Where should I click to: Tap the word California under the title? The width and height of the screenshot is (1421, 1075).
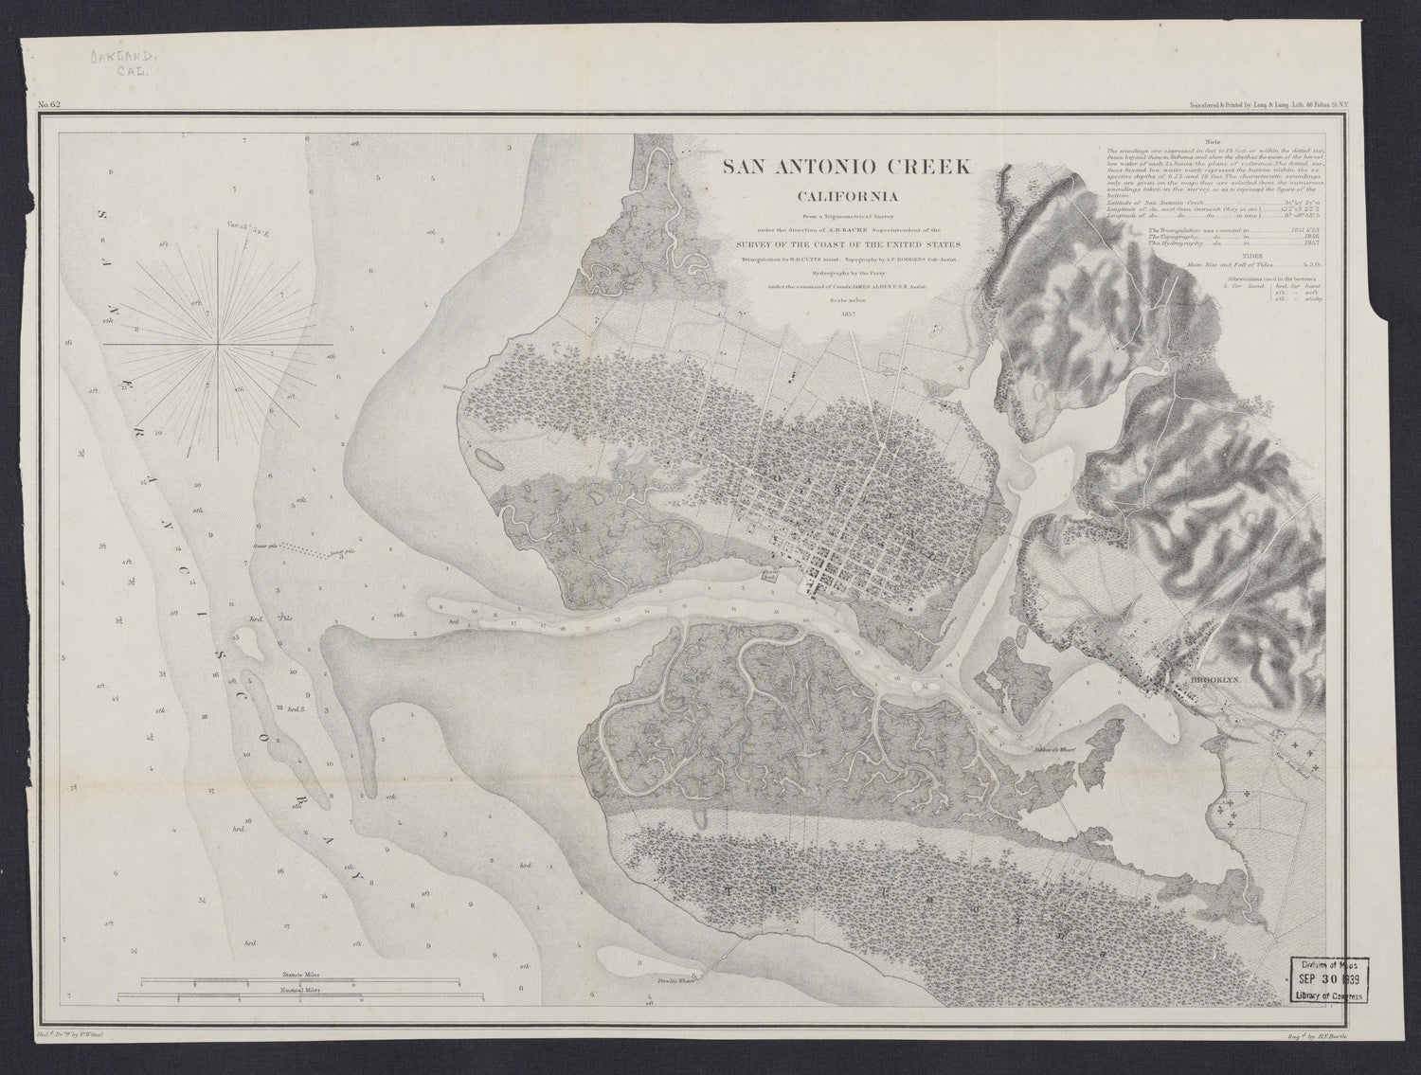pos(847,198)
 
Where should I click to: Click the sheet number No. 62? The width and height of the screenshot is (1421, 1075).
pos(49,105)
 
